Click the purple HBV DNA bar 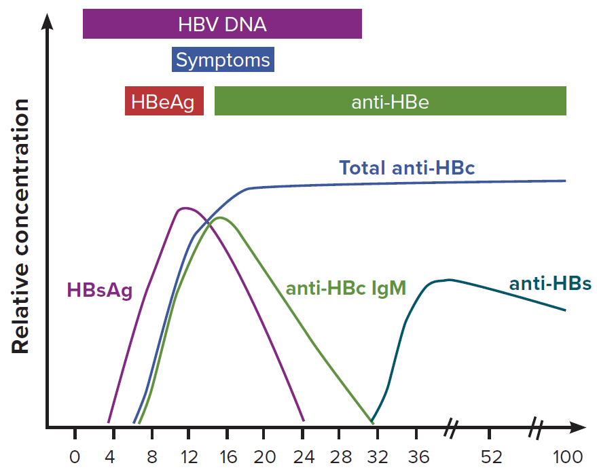coord(222,25)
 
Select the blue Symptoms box coord(223,60)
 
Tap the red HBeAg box coord(164,102)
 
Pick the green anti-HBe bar coord(390,102)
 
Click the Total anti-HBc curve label coord(407,168)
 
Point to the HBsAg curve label coord(99,291)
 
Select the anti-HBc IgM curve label coord(346,289)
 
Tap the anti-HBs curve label coord(550,283)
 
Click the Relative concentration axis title coord(20,226)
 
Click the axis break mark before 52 coord(452,428)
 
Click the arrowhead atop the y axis coord(47,20)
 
